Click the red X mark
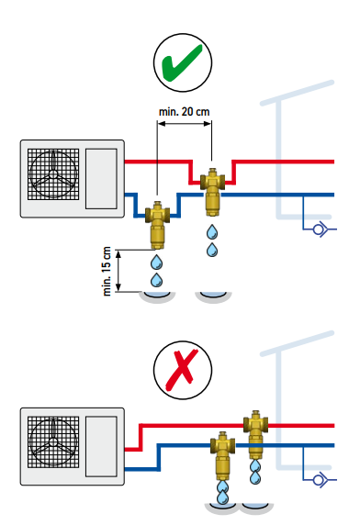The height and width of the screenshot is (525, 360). (x=182, y=370)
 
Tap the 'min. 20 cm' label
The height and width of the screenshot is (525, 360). (x=185, y=111)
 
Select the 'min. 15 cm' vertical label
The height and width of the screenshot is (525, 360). (x=107, y=271)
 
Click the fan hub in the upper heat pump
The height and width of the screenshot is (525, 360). (x=53, y=174)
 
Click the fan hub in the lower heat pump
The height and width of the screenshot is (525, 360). (x=53, y=442)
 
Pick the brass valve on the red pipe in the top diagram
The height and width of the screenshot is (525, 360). (x=212, y=193)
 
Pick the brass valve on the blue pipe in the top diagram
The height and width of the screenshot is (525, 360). (x=157, y=225)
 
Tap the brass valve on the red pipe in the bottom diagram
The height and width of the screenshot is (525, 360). (x=256, y=435)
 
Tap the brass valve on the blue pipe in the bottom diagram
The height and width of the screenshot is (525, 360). (x=222, y=456)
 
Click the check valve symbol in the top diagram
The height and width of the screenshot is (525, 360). (x=320, y=229)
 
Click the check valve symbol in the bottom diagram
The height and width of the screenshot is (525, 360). (x=320, y=480)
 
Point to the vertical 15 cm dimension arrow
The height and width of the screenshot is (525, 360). (x=118, y=271)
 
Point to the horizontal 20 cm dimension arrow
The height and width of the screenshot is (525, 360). (x=185, y=124)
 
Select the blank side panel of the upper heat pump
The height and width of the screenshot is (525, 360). (x=101, y=179)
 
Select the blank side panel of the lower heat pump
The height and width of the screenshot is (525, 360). (x=101, y=446)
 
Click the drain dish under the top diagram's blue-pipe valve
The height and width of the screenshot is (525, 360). (x=157, y=296)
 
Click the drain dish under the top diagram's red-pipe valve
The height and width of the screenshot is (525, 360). (x=213, y=296)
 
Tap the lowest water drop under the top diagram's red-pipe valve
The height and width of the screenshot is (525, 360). (x=212, y=251)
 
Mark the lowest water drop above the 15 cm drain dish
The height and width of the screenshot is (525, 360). (x=156, y=280)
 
